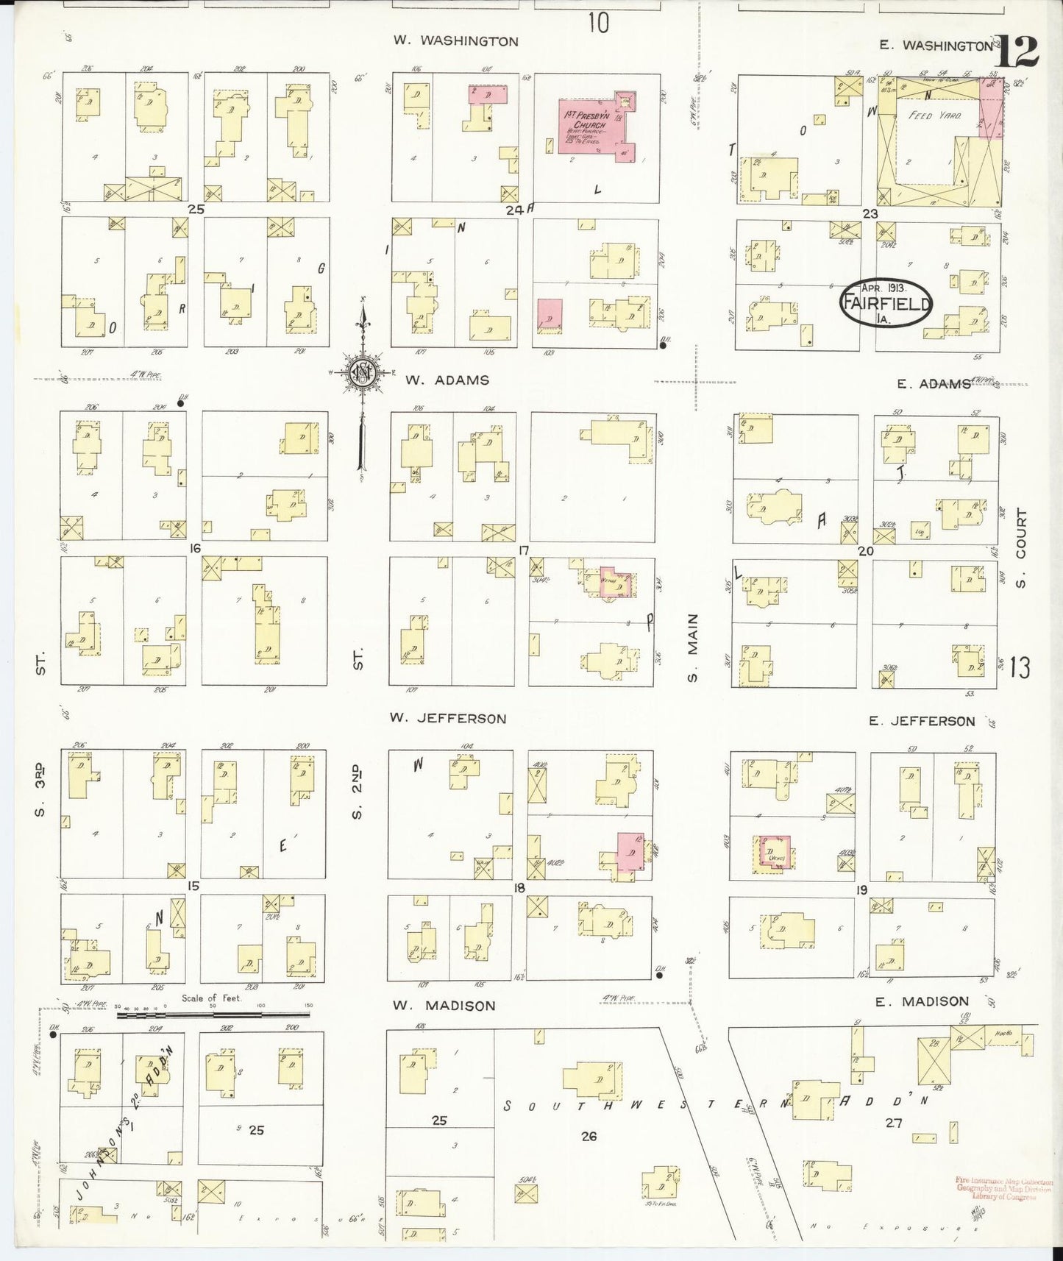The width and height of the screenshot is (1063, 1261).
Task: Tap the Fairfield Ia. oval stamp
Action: pyautogui.click(x=886, y=302)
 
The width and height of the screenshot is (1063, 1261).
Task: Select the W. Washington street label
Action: pyautogui.click(x=455, y=41)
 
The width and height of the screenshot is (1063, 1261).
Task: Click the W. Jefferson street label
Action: pyautogui.click(x=449, y=718)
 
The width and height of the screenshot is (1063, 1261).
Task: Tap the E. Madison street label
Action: pyautogui.click(x=922, y=1001)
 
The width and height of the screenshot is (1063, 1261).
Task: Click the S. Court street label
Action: pyautogui.click(x=1020, y=548)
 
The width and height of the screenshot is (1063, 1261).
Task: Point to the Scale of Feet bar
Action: pyautogui.click(x=213, y=1015)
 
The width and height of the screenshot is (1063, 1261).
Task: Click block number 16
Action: pyautogui.click(x=195, y=548)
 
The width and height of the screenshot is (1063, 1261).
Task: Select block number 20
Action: pyautogui.click(x=865, y=550)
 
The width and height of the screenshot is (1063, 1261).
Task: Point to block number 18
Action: pyautogui.click(x=519, y=888)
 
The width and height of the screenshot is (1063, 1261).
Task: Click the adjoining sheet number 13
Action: pyautogui.click(x=1020, y=668)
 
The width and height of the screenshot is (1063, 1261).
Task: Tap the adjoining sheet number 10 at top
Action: pyautogui.click(x=598, y=24)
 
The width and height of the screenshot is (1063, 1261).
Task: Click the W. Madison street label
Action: pyautogui.click(x=443, y=1005)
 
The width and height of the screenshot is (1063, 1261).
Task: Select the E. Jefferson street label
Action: pyautogui.click(x=921, y=721)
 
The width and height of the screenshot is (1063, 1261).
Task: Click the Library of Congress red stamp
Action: pyautogui.click(x=1004, y=1190)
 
